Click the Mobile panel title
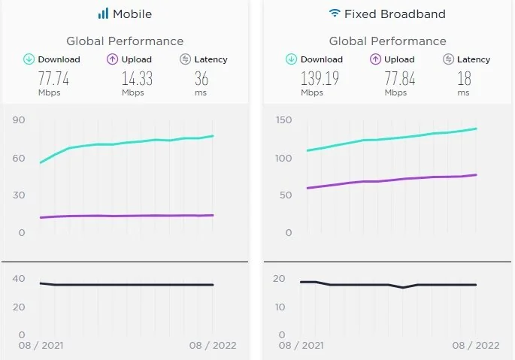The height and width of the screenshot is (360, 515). point(132,14)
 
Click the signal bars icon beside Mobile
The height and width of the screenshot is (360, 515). point(103,14)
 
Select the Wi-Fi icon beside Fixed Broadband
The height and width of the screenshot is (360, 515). point(334,14)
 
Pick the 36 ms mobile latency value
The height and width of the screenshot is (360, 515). point(201,78)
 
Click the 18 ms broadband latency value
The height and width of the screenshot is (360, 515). point(463,78)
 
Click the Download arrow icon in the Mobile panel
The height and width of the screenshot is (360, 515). point(29,59)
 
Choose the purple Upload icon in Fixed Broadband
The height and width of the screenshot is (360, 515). point(376,59)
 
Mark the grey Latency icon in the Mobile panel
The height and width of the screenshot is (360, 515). point(185,59)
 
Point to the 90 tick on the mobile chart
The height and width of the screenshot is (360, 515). point(18,119)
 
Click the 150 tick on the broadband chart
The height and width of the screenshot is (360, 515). point(283,119)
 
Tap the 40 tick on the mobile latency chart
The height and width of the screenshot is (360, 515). point(18,279)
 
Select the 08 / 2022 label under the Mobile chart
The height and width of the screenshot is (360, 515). point(213,346)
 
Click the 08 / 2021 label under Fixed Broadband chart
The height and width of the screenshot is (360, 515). point(301,346)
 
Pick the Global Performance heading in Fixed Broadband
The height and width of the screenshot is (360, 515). point(388,41)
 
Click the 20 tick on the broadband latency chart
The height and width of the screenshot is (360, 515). point(280,279)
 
